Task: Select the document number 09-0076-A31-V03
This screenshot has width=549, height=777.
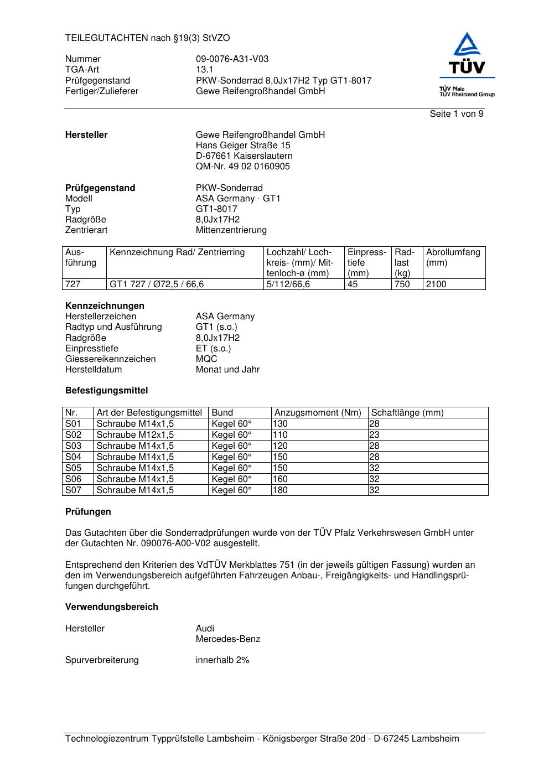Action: [232, 59]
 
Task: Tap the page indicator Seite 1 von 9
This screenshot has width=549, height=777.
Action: [456, 114]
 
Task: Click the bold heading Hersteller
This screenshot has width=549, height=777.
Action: [86, 135]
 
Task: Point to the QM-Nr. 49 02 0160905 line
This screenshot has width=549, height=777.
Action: [242, 167]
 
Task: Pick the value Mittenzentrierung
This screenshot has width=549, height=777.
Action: [231, 230]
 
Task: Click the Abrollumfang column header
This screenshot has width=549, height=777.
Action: [453, 257]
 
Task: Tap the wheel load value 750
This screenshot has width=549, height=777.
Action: [402, 284]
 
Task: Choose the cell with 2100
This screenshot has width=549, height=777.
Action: [436, 284]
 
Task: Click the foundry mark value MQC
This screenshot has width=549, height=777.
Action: [206, 359]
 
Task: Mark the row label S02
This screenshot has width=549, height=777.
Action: [73, 435]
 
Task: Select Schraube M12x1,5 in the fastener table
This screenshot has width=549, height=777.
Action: [135, 435]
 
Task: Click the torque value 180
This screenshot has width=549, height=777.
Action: [281, 490]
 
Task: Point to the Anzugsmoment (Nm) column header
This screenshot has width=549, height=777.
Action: [318, 413]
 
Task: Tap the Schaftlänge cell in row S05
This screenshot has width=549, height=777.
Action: [375, 468]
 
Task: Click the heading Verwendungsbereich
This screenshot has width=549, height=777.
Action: [111, 607]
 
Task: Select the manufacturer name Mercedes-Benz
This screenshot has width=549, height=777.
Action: [227, 639]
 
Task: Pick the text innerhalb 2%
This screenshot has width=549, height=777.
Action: [222, 660]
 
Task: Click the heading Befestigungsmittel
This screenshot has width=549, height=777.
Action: [106, 391]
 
